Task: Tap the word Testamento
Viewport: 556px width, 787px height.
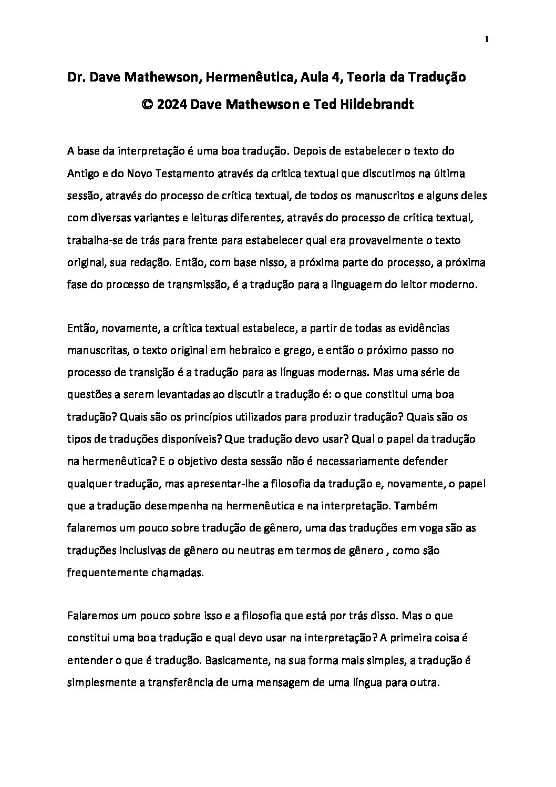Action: tap(183, 173)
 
